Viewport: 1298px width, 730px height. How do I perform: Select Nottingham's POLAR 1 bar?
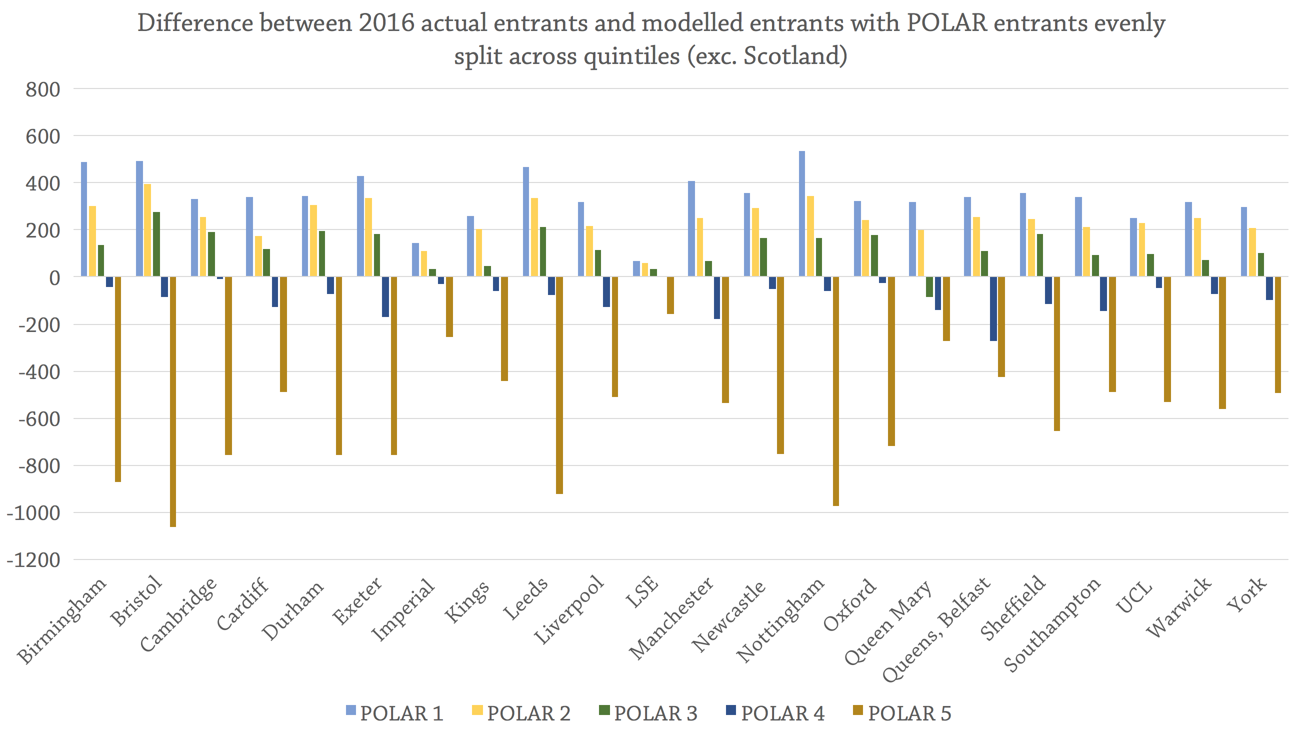point(801,213)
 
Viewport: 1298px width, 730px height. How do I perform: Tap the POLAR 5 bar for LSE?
point(670,295)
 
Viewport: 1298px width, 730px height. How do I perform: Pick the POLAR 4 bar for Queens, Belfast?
point(993,308)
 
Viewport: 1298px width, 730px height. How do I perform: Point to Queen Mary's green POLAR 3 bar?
point(929,286)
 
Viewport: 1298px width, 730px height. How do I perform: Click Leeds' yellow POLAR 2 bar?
point(534,237)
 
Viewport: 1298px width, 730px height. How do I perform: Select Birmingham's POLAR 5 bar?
point(118,379)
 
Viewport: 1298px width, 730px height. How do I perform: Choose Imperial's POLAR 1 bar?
point(415,259)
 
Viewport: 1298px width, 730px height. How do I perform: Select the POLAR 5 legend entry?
point(901,713)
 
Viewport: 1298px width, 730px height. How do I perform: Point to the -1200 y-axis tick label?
point(33,559)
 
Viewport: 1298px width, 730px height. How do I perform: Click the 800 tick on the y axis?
point(42,89)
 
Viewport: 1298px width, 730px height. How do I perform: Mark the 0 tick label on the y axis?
point(54,277)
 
